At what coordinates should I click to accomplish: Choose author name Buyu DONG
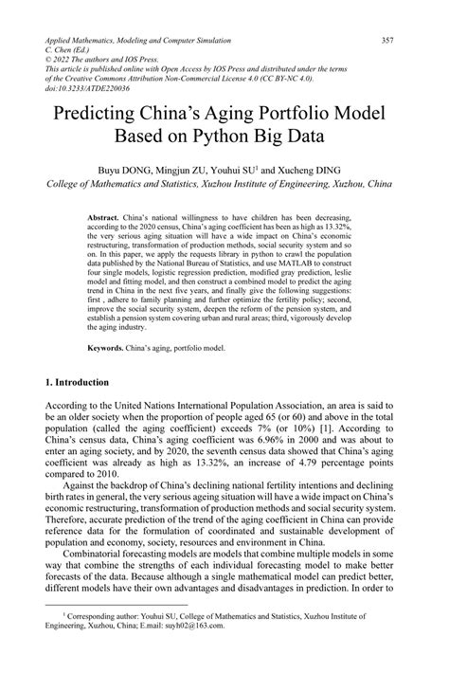pyautogui.click(x=148, y=167)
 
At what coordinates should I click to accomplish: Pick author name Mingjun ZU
pyautogui.click(x=208, y=167)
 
